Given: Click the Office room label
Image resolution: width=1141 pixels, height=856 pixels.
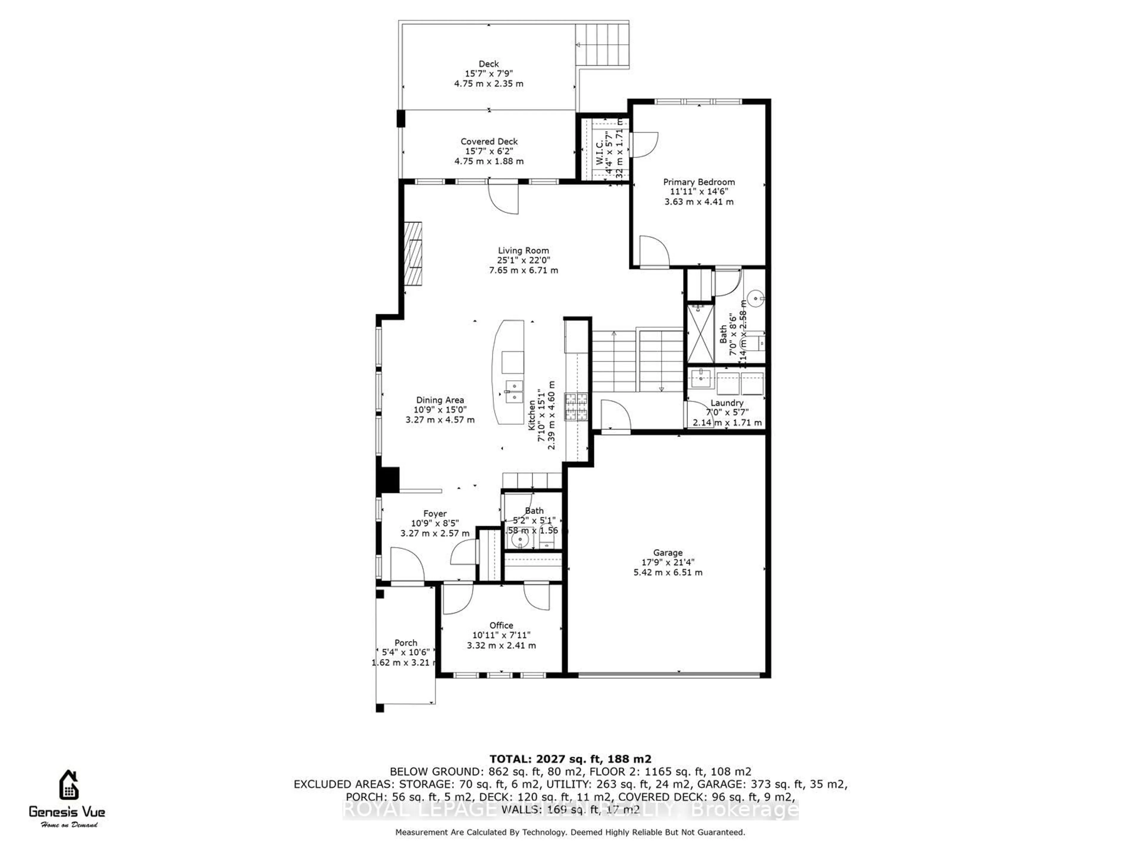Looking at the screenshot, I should pos(501,625).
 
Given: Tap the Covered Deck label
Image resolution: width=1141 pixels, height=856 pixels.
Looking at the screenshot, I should pos(489,141).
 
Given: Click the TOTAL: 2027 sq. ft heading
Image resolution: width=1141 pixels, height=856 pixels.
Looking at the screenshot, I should pos(570,759).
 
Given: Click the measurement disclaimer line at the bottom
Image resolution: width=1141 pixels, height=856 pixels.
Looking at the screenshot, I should pos(570,832).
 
